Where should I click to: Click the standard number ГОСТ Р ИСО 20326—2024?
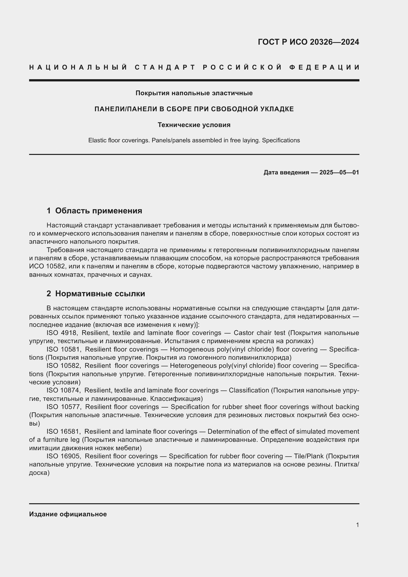308,42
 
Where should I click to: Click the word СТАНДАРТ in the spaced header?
165,67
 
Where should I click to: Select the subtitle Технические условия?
194,125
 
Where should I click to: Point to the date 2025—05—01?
339,172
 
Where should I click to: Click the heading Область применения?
98,211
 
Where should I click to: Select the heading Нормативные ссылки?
100,294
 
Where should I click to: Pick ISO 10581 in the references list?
64,349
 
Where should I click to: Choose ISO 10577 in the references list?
64,407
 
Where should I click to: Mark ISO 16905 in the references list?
64,456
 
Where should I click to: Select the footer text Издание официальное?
68,514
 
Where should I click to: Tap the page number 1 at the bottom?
357,525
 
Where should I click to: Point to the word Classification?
249,390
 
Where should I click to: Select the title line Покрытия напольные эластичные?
194,93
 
